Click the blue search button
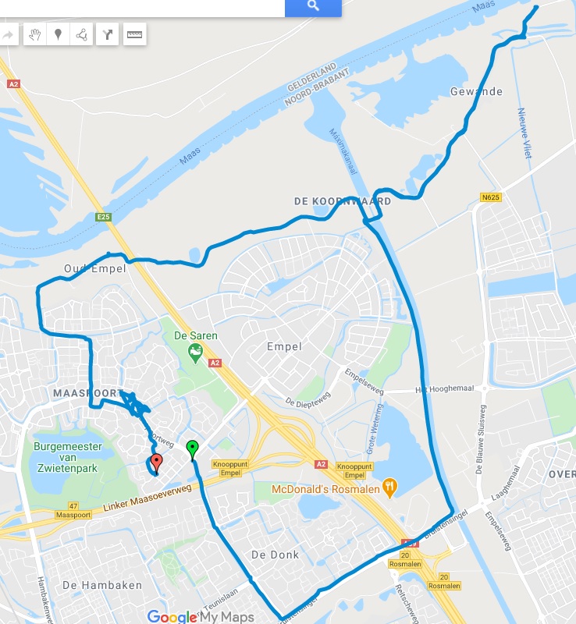[313, 6]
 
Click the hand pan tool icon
[34, 34]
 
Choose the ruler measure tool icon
[134, 34]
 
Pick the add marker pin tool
[58, 34]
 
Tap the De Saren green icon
[194, 353]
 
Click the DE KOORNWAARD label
[342, 201]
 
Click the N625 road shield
[490, 197]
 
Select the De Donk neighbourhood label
[275, 555]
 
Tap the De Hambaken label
[91, 585]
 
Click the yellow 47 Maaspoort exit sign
[73, 510]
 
